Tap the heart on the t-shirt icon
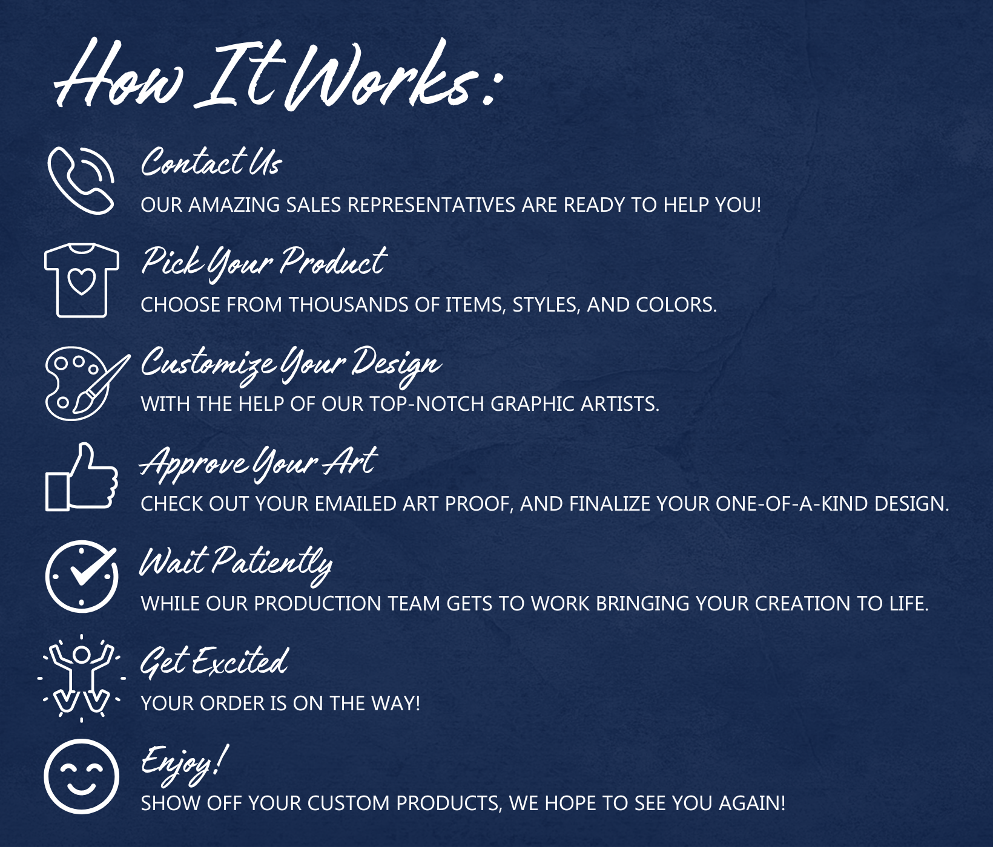tap(82, 281)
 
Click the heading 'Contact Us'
tap(211, 162)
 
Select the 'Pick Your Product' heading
tap(264, 263)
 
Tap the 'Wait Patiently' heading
tap(236, 564)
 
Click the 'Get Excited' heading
tap(214, 661)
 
